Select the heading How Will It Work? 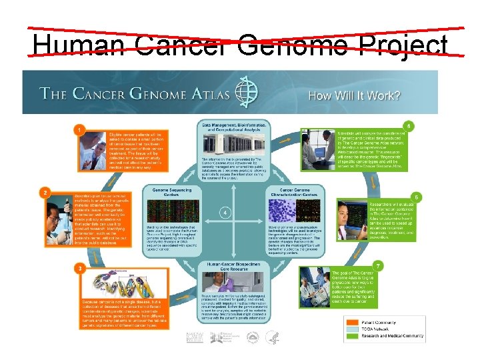point(354,95)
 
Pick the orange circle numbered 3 point(79,267)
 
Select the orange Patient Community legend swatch point(353,320)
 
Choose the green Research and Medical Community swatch point(353,336)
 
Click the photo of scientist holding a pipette point(59,219)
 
